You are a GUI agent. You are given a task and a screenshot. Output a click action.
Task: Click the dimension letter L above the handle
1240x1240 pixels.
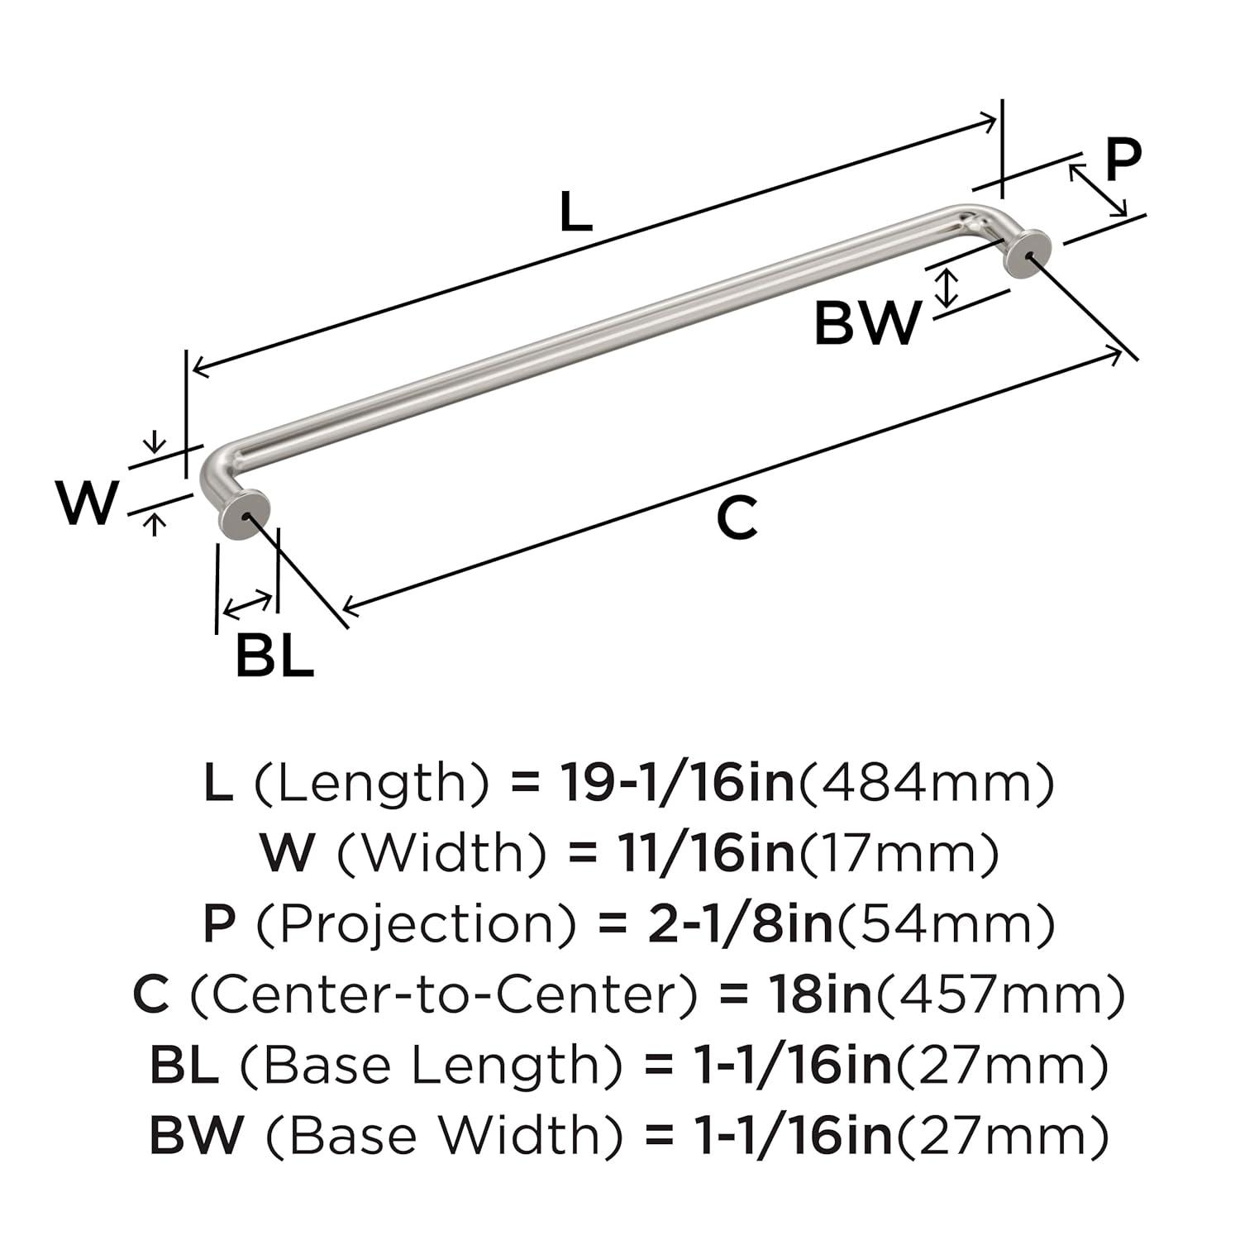(x=576, y=212)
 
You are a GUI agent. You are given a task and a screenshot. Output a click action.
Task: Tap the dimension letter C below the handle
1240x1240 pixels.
(x=736, y=519)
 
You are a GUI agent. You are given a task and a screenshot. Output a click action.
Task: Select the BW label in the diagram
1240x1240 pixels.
(x=867, y=323)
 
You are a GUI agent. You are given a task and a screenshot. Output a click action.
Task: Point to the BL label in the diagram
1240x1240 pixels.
(x=274, y=656)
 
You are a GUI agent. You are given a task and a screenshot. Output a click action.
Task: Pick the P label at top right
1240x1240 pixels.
(x=1123, y=159)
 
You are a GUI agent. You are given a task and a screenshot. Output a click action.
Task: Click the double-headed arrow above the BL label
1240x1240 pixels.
(x=247, y=605)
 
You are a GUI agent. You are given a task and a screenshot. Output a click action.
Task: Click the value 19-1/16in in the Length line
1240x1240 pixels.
(x=677, y=783)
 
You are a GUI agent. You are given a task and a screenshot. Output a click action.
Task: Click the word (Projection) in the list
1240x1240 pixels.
(x=414, y=925)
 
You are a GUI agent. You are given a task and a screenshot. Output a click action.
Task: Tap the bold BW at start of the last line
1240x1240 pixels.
(x=197, y=1136)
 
